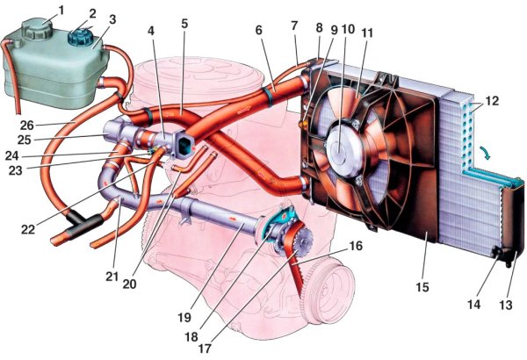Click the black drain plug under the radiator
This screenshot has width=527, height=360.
(x=503, y=256)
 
